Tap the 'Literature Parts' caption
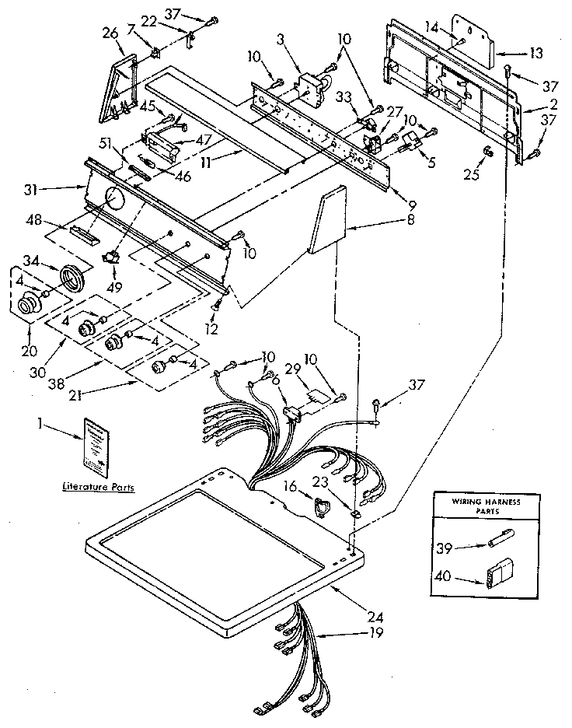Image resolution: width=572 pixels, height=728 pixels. coord(97,488)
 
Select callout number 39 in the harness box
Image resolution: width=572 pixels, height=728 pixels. coord(444,548)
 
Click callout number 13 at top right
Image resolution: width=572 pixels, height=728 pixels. coord(535,53)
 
